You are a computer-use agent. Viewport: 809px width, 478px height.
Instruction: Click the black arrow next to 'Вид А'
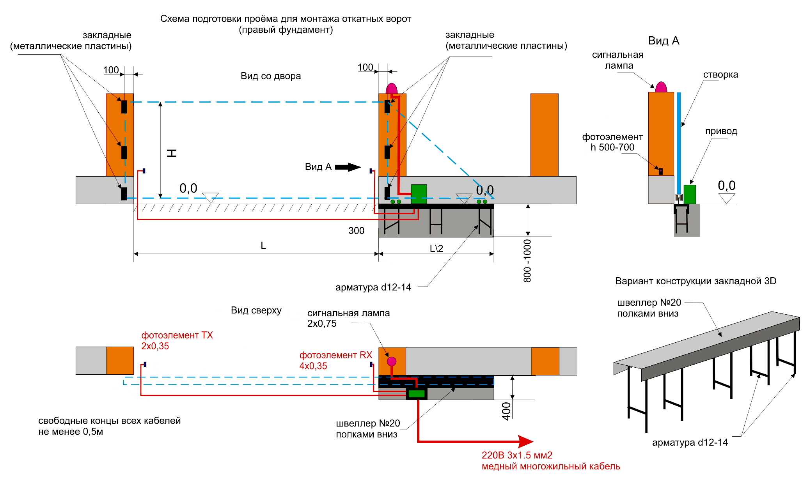pos(348,167)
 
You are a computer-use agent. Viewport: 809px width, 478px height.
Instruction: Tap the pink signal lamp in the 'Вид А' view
pos(661,87)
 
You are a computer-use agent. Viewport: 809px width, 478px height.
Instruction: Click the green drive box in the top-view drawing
pos(417,394)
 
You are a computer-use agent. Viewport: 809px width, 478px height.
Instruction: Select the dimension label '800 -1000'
pos(527,261)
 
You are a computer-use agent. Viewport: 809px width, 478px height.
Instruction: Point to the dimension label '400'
pos(506,411)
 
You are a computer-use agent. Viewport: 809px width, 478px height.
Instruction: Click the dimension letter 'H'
pos(172,153)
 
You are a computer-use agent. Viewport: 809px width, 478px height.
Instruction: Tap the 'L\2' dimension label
pos(436,248)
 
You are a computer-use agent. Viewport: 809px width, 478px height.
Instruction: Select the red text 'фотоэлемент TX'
pos(177,335)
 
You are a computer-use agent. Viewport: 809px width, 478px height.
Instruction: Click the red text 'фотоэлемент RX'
pos(335,355)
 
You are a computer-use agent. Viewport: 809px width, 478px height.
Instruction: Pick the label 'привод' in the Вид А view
pos(721,131)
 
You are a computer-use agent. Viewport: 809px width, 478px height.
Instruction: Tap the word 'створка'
pos(720,74)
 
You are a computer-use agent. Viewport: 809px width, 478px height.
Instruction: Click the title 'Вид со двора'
pos(271,76)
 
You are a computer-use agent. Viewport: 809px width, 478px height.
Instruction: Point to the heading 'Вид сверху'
pos(256,310)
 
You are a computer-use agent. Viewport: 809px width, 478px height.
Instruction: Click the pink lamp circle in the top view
pos(392,361)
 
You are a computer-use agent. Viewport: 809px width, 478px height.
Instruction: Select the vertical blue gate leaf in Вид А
pos(679,144)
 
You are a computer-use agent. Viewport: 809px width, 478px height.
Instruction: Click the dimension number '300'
pos(356,231)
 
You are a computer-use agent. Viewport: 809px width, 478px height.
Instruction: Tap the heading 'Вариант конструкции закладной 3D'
pos(695,281)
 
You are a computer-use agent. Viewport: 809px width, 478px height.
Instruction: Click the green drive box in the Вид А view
pos(690,194)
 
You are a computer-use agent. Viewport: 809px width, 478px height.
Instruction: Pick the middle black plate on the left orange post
pos(124,152)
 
